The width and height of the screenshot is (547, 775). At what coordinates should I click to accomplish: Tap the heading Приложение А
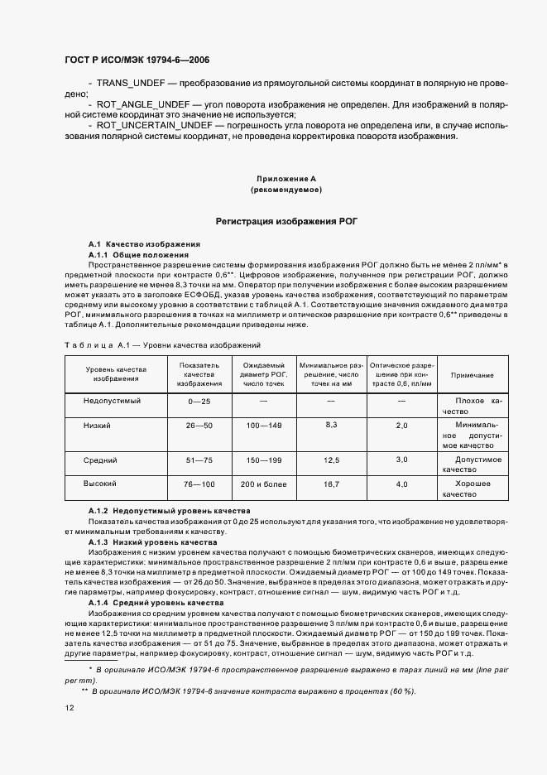click(x=285, y=179)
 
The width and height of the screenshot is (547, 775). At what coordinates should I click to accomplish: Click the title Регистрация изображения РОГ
click(x=285, y=222)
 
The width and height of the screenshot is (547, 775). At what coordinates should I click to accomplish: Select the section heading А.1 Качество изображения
click(x=144, y=245)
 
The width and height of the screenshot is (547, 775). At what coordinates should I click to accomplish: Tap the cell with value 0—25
click(x=199, y=401)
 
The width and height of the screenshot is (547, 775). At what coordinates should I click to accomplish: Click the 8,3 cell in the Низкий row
click(x=331, y=424)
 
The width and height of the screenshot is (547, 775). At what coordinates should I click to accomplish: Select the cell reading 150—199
click(x=263, y=459)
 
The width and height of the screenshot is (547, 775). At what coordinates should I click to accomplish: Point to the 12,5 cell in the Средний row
click(x=331, y=459)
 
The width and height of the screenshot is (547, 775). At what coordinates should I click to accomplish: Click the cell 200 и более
click(x=263, y=484)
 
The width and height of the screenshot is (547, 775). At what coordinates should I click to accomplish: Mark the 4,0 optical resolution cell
click(x=401, y=484)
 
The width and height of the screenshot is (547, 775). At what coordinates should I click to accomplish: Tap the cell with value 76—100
click(x=199, y=484)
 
